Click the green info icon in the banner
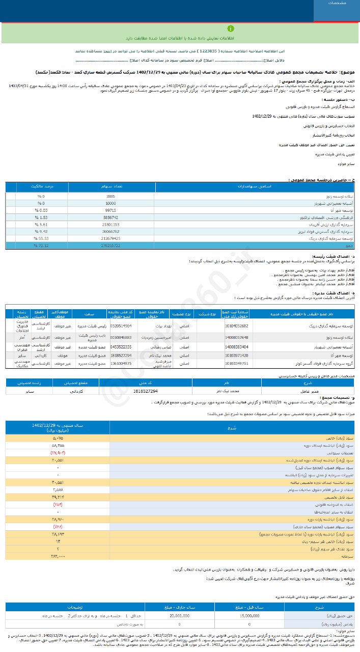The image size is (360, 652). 231,29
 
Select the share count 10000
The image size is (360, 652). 110,203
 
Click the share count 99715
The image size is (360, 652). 110,210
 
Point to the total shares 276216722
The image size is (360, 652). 110,245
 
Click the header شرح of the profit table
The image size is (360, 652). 232,428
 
